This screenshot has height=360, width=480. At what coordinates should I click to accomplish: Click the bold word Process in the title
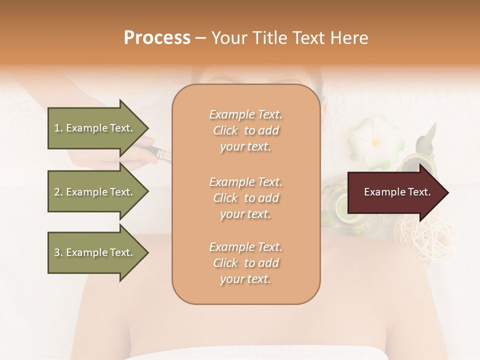click(x=157, y=38)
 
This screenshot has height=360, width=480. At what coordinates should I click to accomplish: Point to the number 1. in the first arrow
click(x=58, y=128)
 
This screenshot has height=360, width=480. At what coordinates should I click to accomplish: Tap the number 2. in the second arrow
click(x=58, y=192)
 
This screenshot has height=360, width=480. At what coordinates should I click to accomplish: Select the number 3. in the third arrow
click(x=58, y=252)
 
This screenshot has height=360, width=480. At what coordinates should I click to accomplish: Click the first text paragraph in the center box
click(x=245, y=130)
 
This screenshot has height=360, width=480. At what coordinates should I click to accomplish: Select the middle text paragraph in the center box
click(x=245, y=198)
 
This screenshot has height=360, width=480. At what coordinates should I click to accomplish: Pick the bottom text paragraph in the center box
click(x=245, y=263)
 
